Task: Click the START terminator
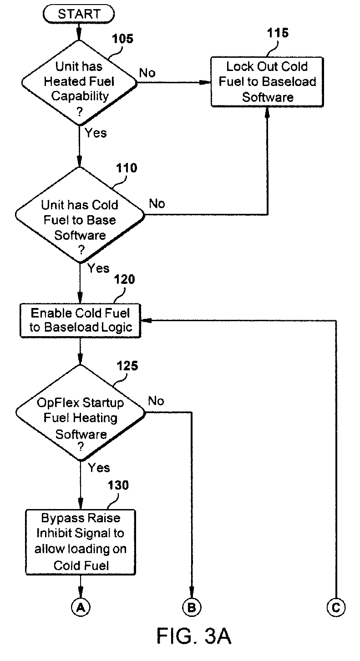(79, 14)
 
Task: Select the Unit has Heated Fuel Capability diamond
(79, 83)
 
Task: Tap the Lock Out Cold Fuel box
(267, 82)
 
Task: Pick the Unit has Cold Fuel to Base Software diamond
(80, 215)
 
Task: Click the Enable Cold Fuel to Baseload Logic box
(80, 320)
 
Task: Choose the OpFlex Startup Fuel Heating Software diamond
(80, 413)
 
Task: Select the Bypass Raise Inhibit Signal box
(80, 542)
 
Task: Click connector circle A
(80, 608)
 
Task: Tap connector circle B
(192, 608)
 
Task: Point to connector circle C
(336, 608)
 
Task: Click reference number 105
(122, 39)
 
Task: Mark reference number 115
(278, 33)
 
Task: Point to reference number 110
(127, 168)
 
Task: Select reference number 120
(124, 279)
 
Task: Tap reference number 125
(127, 366)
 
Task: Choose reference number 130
(118, 485)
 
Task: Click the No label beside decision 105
(147, 73)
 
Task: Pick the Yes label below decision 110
(98, 268)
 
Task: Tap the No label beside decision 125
(156, 401)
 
